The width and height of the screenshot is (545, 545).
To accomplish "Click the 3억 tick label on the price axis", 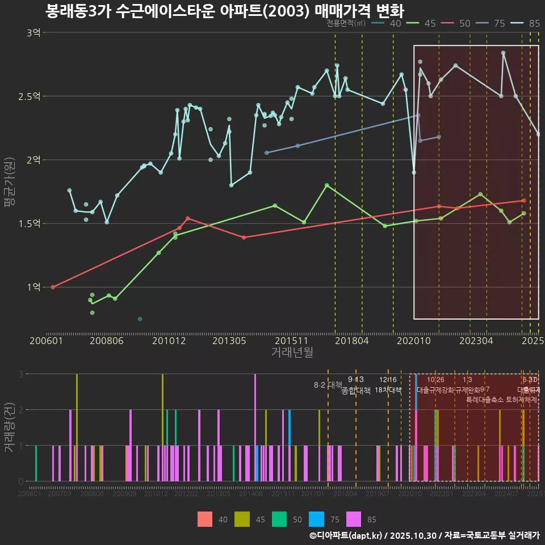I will coord(33,33).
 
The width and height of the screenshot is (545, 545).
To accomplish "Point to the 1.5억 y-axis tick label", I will coord(30,224).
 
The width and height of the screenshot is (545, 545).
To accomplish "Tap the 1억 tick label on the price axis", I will coord(33,287).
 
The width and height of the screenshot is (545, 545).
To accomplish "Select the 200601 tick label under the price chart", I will coord(46,341).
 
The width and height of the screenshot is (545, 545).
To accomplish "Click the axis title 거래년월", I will coord(292,353).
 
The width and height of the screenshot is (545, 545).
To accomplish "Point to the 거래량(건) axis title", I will coord(10,427).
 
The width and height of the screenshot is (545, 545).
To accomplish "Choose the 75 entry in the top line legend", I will coord(493,23).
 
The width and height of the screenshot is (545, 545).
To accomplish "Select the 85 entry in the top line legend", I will coord(528,23).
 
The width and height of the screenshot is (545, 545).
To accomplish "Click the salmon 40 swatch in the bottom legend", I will coord(205,519).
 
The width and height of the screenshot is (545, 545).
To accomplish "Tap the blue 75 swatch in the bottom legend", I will coord(316,519).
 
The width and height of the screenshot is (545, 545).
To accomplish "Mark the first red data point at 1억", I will coord(53,287).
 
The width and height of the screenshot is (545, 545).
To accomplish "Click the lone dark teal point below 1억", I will coord(140,319).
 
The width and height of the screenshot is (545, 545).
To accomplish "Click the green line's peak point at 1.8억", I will coord(326,185).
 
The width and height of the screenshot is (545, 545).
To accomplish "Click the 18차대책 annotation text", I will coord(388,390).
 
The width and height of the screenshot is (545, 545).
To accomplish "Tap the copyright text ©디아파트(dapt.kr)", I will coord(347,535).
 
